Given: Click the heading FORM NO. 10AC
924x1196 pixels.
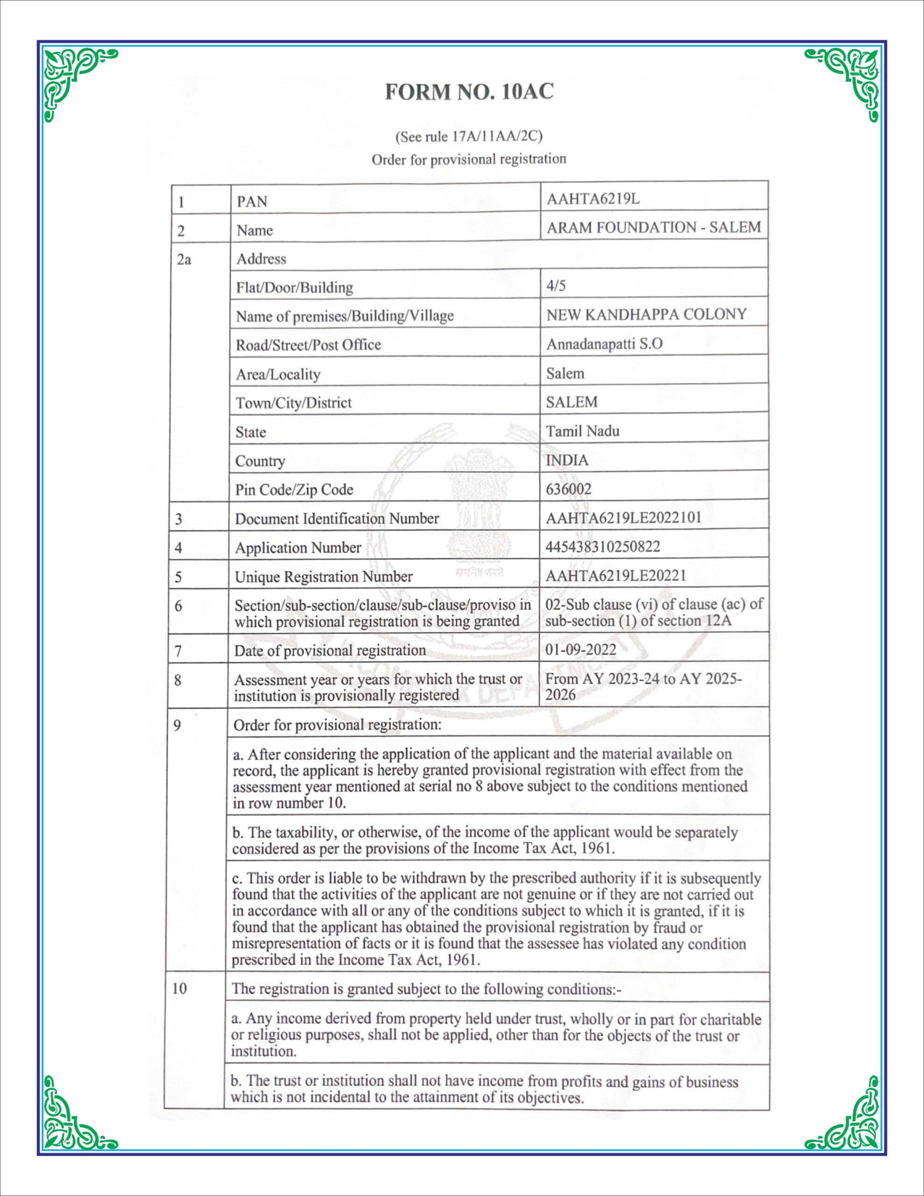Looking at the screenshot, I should tap(469, 92).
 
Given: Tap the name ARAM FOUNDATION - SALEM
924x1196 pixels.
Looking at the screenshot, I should tap(654, 227).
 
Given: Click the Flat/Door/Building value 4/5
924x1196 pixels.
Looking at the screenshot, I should tap(555, 285).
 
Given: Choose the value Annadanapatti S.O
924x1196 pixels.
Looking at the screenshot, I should tap(604, 344).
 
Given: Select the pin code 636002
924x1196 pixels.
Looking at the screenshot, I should tap(569, 489).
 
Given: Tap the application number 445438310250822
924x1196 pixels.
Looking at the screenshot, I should tap(603, 547).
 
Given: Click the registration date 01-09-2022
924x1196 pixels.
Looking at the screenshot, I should tap(581, 650).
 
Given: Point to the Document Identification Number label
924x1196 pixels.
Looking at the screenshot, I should tap(337, 519).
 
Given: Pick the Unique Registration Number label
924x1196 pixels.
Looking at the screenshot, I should tap(323, 577).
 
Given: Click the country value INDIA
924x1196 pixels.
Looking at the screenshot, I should tap(567, 460).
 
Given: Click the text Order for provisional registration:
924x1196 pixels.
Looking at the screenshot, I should tap(337, 725).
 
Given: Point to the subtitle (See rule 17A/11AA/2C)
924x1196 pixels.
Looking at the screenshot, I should tap(469, 136).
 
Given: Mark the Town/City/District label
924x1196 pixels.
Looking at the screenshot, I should tap(293, 403).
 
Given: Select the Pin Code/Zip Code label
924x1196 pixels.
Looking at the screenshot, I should tap(294, 490).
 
